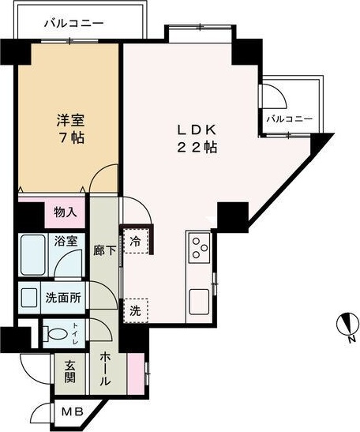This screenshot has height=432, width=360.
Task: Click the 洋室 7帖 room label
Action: click(x=70, y=129)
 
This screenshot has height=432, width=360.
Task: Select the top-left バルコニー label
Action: click(x=73, y=24)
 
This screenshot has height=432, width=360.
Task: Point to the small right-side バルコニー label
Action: click(x=290, y=119)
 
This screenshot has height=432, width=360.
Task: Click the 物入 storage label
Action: click(x=66, y=212)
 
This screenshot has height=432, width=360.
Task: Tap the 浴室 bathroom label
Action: click(x=66, y=242)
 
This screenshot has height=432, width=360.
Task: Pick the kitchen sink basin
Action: click(x=199, y=301)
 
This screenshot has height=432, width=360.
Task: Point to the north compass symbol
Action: click(x=344, y=324)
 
